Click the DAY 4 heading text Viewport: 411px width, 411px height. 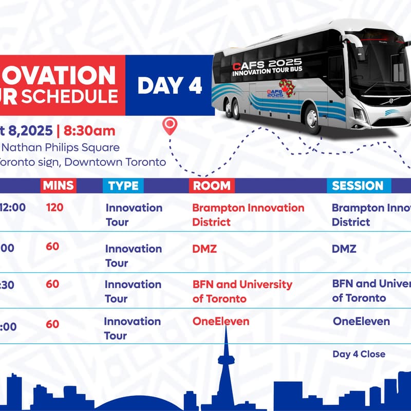(170, 85)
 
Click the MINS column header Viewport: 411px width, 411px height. (58, 185)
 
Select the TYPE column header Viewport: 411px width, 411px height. (123, 185)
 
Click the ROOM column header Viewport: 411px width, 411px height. (212, 185)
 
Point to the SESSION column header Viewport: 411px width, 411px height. (358, 185)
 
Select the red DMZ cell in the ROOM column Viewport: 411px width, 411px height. (204, 249)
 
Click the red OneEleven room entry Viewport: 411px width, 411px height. (220, 322)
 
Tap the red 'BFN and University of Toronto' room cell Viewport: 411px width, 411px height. (242, 291)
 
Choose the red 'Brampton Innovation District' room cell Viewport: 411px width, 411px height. (248, 215)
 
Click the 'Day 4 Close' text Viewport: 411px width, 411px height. (359, 354)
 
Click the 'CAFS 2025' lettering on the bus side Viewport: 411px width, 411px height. (267, 64)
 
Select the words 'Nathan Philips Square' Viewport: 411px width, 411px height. (60, 147)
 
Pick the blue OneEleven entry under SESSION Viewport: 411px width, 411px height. (361, 322)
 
